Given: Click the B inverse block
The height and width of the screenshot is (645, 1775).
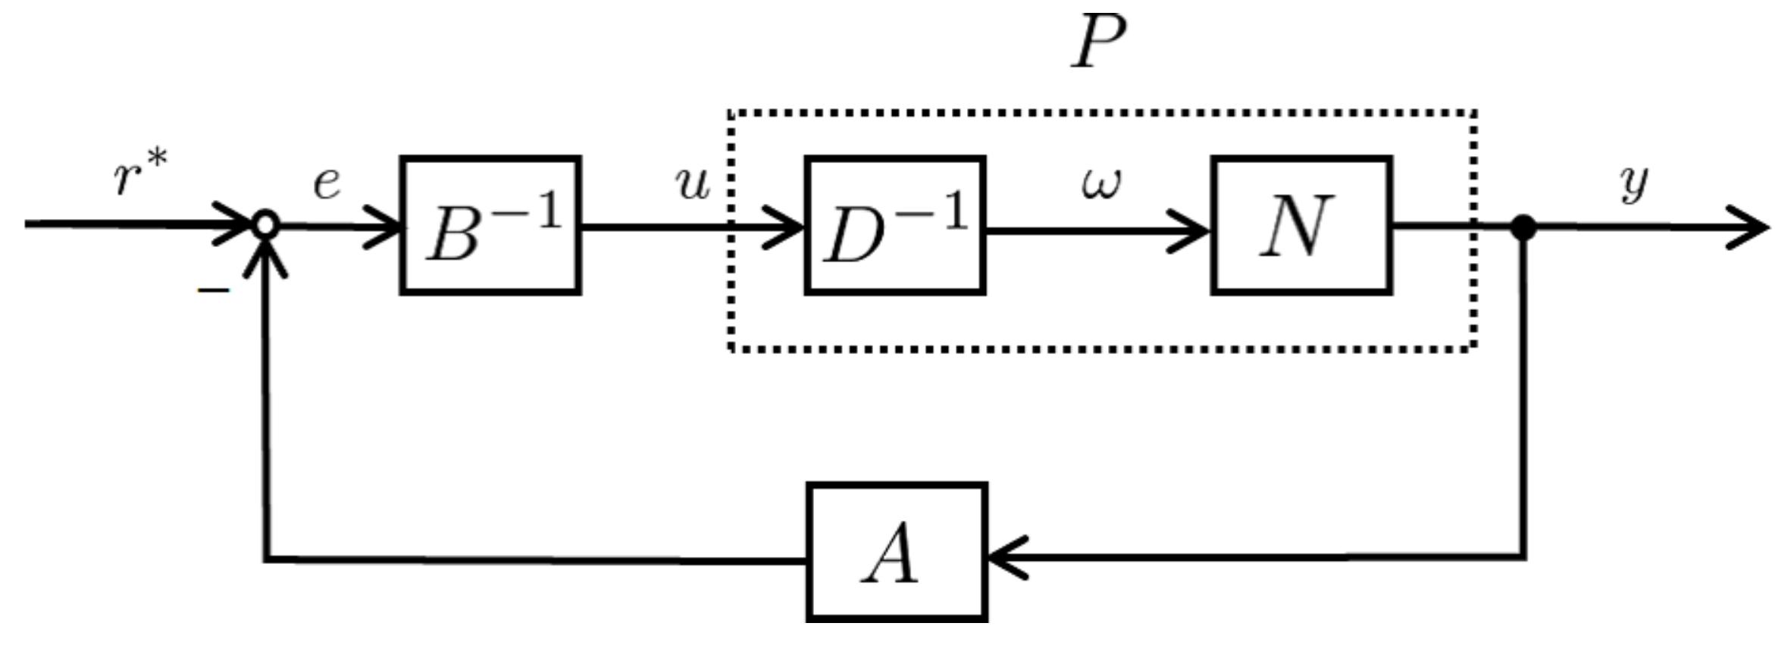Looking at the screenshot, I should [491, 225].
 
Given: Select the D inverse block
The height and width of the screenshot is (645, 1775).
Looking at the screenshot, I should [895, 225].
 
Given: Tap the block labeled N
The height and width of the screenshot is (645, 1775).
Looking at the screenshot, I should [1301, 225].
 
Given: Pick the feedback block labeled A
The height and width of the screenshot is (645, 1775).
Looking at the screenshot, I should [897, 553].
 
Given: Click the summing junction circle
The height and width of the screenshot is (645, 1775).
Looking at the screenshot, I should [265, 225].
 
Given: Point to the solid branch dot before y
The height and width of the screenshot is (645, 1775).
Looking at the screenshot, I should [1523, 227].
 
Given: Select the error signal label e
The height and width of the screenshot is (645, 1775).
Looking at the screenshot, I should [327, 184].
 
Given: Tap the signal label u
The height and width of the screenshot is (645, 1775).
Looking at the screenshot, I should [693, 184].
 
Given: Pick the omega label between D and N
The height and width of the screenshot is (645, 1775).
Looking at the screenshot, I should [1100, 184].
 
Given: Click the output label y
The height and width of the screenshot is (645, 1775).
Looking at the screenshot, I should [1635, 184].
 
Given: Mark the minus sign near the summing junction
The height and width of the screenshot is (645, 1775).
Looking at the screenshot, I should [213, 290].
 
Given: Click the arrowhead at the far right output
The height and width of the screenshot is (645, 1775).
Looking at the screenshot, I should [1751, 227].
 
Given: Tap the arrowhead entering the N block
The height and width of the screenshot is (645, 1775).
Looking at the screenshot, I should [1194, 230].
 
